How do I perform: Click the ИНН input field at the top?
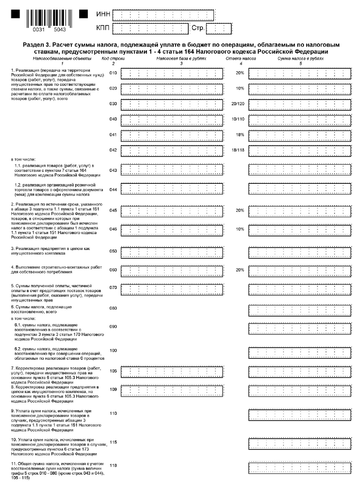pyautogui.click(x=163, y=15)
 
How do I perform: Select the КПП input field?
pyautogui.click(x=150, y=29)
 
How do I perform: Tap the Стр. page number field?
pyautogui.click(x=219, y=29)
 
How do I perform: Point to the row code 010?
pyautogui.click(x=113, y=73)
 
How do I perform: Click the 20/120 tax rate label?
pyautogui.click(x=238, y=104)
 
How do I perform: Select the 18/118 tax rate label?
pyautogui.click(x=238, y=150)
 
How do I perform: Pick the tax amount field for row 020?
pyautogui.click(x=300, y=89)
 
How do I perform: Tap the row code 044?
pyautogui.click(x=113, y=190)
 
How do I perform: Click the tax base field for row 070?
pyautogui.click(x=172, y=290)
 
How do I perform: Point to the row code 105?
pyautogui.click(x=113, y=371)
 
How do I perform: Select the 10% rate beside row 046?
pyautogui.click(x=240, y=229)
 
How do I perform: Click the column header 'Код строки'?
pyautogui.click(x=113, y=59)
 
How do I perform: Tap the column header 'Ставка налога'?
pyautogui.click(x=241, y=59)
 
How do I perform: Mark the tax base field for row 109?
pyautogui.click(x=172, y=391)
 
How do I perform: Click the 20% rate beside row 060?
pyautogui.click(x=240, y=270)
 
